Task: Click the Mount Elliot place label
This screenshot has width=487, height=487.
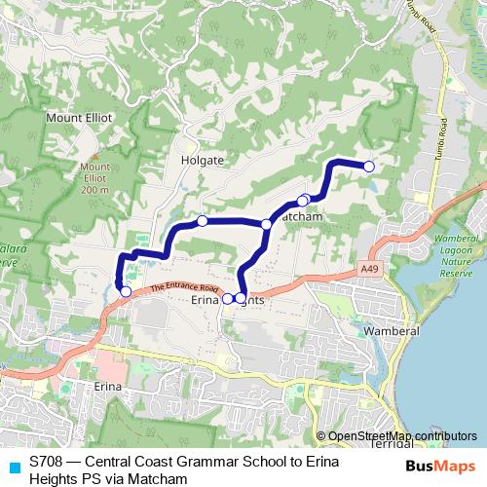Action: pyautogui.click(x=80, y=117)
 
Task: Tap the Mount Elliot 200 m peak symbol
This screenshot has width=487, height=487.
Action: pyautogui.click(x=95, y=154)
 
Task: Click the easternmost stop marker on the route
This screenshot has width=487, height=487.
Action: pyautogui.click(x=368, y=167)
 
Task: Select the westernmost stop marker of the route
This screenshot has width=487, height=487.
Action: pyautogui.click(x=125, y=291)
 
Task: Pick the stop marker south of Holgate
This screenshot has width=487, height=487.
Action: pyautogui.click(x=202, y=221)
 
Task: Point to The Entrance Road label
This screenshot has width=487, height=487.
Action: pyautogui.click(x=184, y=288)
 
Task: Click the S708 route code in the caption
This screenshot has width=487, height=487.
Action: pyautogui.click(x=46, y=462)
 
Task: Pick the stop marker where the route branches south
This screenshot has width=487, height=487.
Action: pyautogui.click(x=266, y=224)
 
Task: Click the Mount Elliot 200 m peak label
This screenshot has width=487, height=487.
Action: pyautogui.click(x=95, y=178)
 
